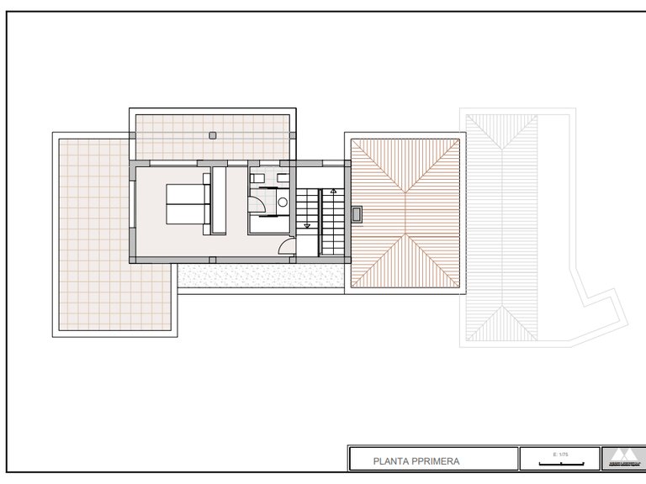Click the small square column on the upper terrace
213,134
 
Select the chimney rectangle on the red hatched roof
357,213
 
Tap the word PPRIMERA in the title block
438,460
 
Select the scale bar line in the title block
556,461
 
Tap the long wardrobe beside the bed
218,201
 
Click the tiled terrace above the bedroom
210,134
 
